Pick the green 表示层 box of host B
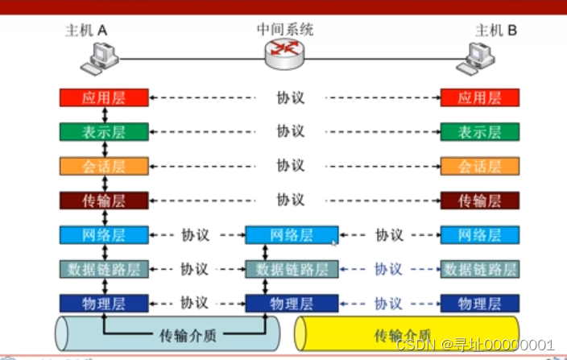(x=479, y=132)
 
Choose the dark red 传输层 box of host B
(x=479, y=200)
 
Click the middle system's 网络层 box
(x=291, y=235)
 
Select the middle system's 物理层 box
(x=291, y=304)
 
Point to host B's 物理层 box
(x=479, y=304)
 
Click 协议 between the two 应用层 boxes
(x=290, y=98)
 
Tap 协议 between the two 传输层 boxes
(x=290, y=200)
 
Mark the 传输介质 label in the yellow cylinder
(x=403, y=334)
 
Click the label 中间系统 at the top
(x=285, y=30)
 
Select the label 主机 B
(x=496, y=31)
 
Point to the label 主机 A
(x=86, y=31)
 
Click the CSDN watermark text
(x=475, y=346)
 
